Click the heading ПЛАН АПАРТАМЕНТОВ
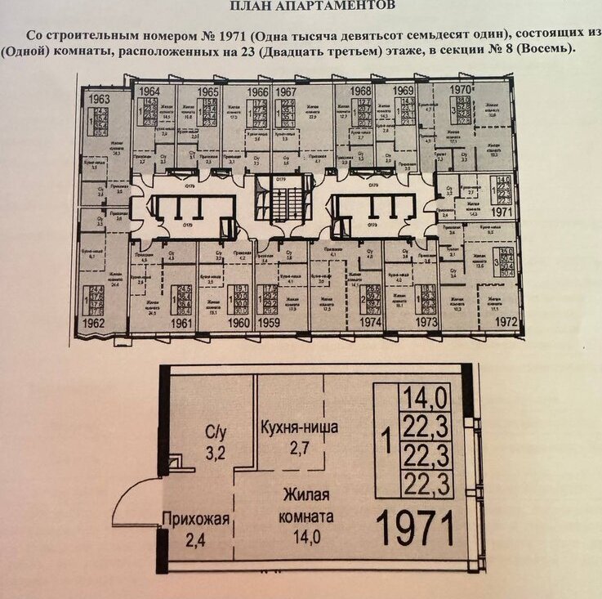312,6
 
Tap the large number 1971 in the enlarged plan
417,530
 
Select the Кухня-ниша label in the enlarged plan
299,427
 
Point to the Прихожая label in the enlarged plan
193,519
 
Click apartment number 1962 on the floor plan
95,324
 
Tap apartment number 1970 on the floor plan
462,88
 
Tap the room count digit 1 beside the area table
386,445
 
